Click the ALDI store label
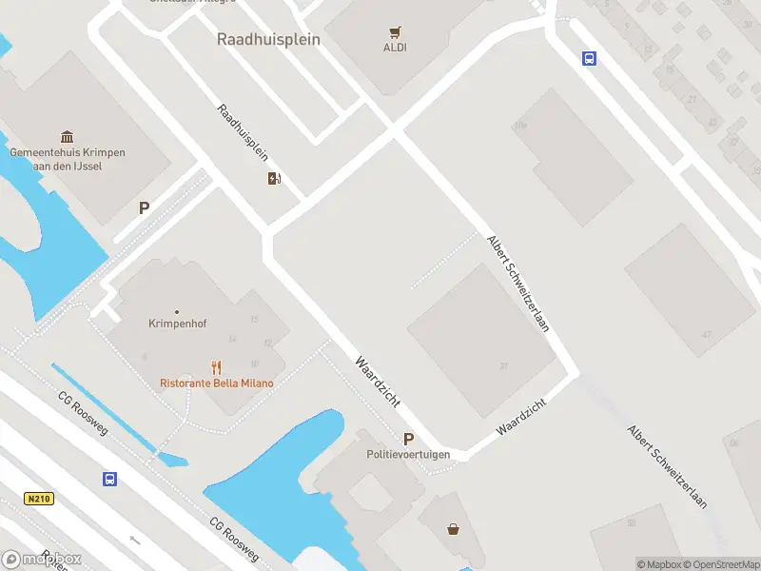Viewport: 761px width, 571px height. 395,48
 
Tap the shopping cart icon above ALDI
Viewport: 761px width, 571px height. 395,31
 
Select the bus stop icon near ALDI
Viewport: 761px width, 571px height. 590,58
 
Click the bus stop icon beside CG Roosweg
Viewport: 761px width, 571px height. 110,479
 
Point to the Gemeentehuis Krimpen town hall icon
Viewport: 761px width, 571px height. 68,137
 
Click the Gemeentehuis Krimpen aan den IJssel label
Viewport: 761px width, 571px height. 68,159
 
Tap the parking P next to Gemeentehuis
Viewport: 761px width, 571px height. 145,207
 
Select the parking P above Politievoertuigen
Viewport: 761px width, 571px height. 409,439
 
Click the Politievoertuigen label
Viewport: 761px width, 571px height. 408,455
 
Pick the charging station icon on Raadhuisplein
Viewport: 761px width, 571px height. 275,178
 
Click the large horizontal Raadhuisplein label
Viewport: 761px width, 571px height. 268,40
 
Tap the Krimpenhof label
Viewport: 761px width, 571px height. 172,323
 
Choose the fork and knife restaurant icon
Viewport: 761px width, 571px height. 217,367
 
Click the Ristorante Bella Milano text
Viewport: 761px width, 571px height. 217,384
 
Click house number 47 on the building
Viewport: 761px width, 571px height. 706,334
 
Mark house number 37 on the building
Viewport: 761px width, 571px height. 504,365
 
